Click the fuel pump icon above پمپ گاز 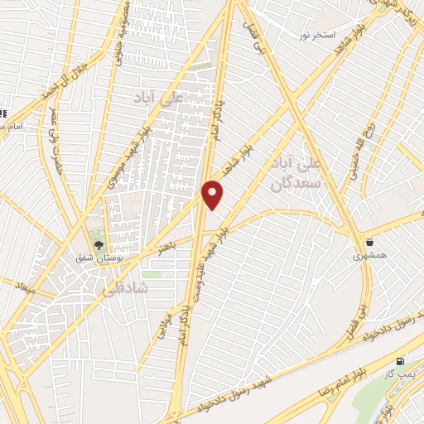pos(401,362)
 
